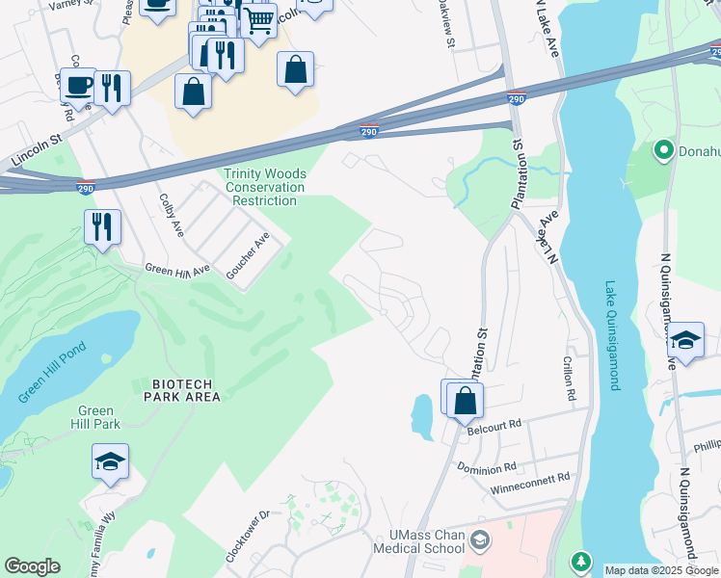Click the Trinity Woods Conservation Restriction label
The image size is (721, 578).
coord(265,187)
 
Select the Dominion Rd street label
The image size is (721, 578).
coord(488,468)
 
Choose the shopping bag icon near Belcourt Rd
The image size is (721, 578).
coord(466,400)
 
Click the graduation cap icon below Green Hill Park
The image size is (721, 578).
coord(111,462)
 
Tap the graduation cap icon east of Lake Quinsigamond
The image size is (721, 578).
coord(685,341)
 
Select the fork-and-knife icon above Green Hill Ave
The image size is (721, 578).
coord(102,227)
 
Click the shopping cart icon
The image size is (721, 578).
coord(257,20)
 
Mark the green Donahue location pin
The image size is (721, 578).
coord(663,151)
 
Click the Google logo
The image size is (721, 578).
coord(32,566)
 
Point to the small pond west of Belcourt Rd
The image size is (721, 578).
coord(422,416)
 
